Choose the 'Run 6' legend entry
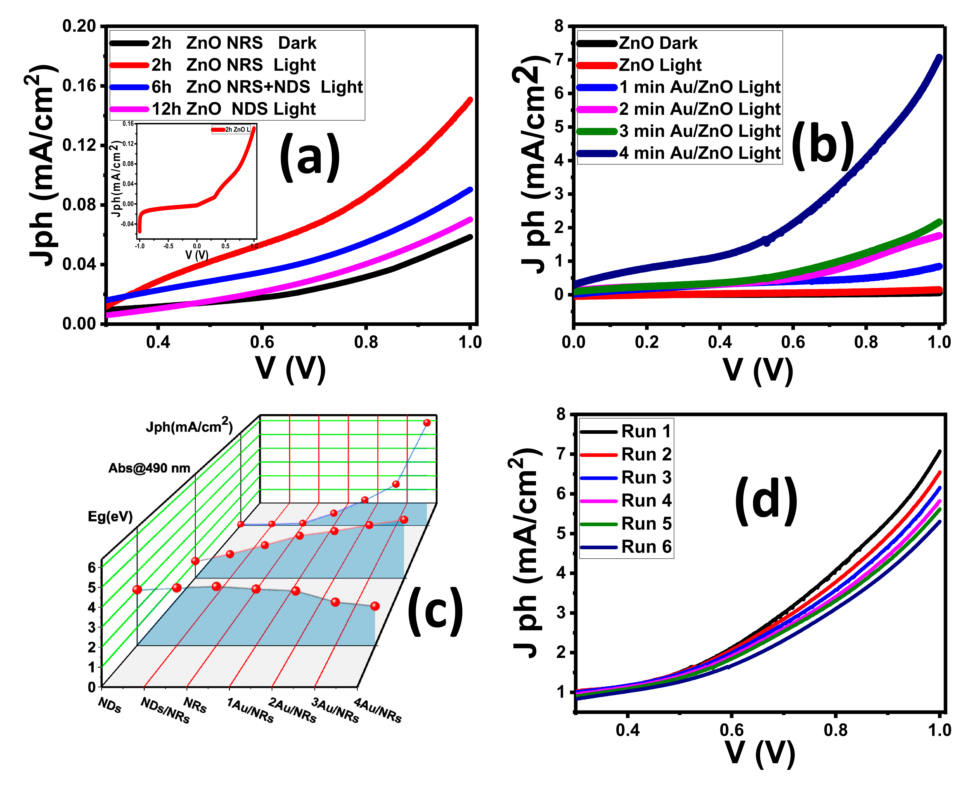(646, 547)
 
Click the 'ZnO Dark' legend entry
(658, 43)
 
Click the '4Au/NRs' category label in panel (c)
(378, 711)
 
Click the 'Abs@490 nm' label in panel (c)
(149, 468)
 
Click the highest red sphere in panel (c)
(427, 423)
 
